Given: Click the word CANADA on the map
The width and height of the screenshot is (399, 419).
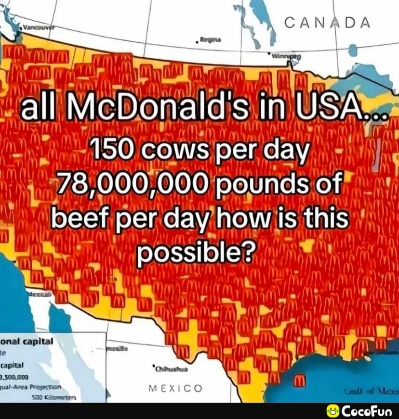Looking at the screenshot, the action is pos(328,23).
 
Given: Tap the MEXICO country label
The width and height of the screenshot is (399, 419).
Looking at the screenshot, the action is pos(175,388).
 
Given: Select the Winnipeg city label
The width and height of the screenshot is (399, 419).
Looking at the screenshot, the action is pos(286,56).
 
